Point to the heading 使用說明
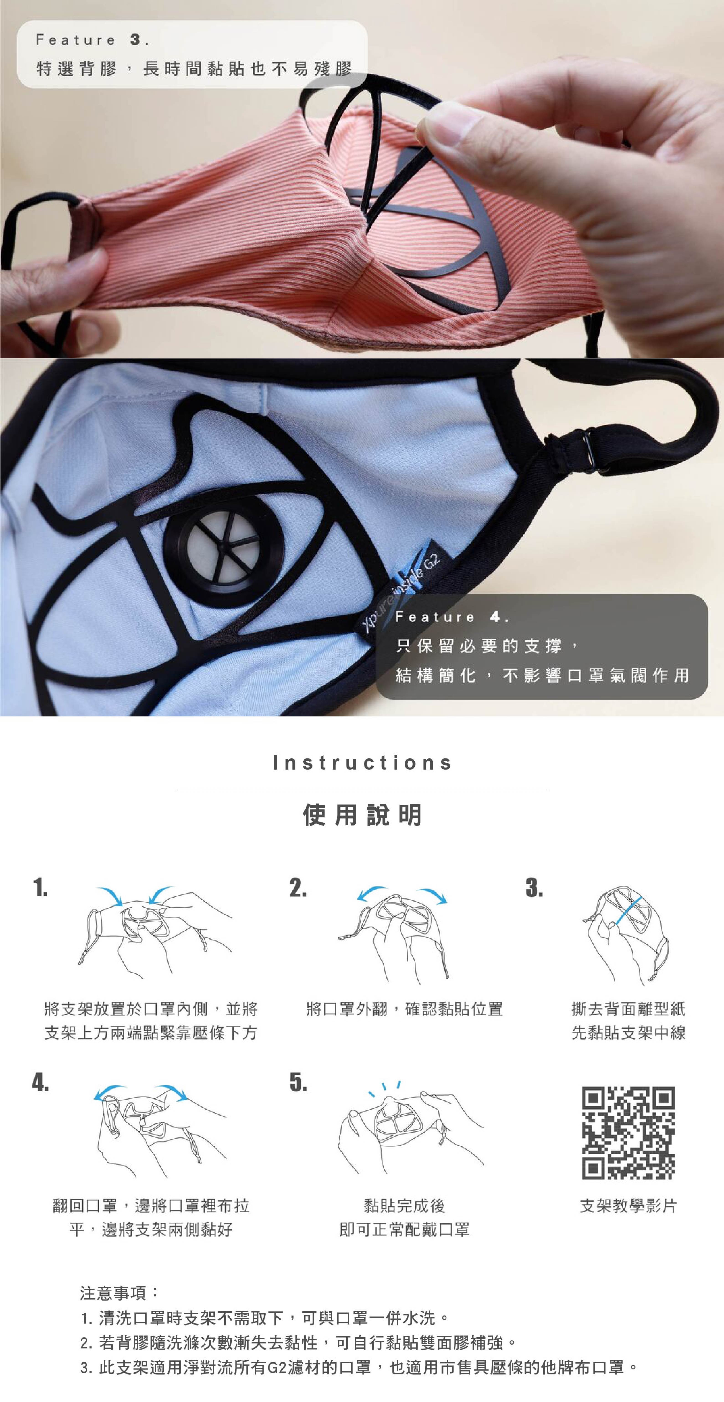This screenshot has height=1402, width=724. pyautogui.click(x=362, y=815)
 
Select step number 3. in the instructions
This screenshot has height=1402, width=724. pyautogui.click(x=534, y=888)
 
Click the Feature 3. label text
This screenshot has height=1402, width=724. pyautogui.click(x=92, y=40)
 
